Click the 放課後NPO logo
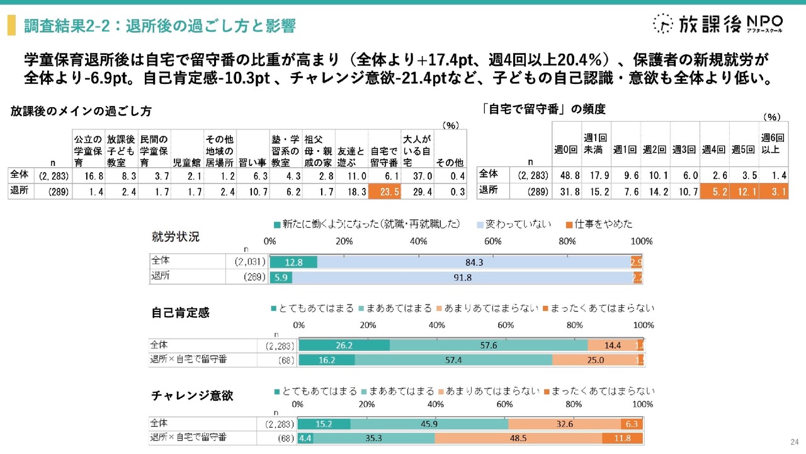click(x=718, y=23)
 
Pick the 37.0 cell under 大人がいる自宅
click(x=417, y=175)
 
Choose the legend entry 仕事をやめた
click(x=599, y=224)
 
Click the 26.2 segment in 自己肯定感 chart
click(x=343, y=346)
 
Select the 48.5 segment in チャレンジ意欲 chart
click(x=518, y=438)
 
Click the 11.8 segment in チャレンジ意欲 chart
click(x=622, y=438)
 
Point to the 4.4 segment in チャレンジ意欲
click(x=305, y=438)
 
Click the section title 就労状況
click(x=176, y=237)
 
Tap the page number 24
click(x=793, y=441)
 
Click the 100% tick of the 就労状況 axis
click(x=641, y=242)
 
